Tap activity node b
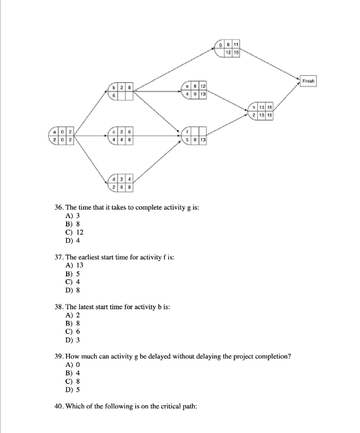coord(120,91)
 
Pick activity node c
coord(120,136)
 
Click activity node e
coord(195,91)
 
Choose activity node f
coord(195,136)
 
